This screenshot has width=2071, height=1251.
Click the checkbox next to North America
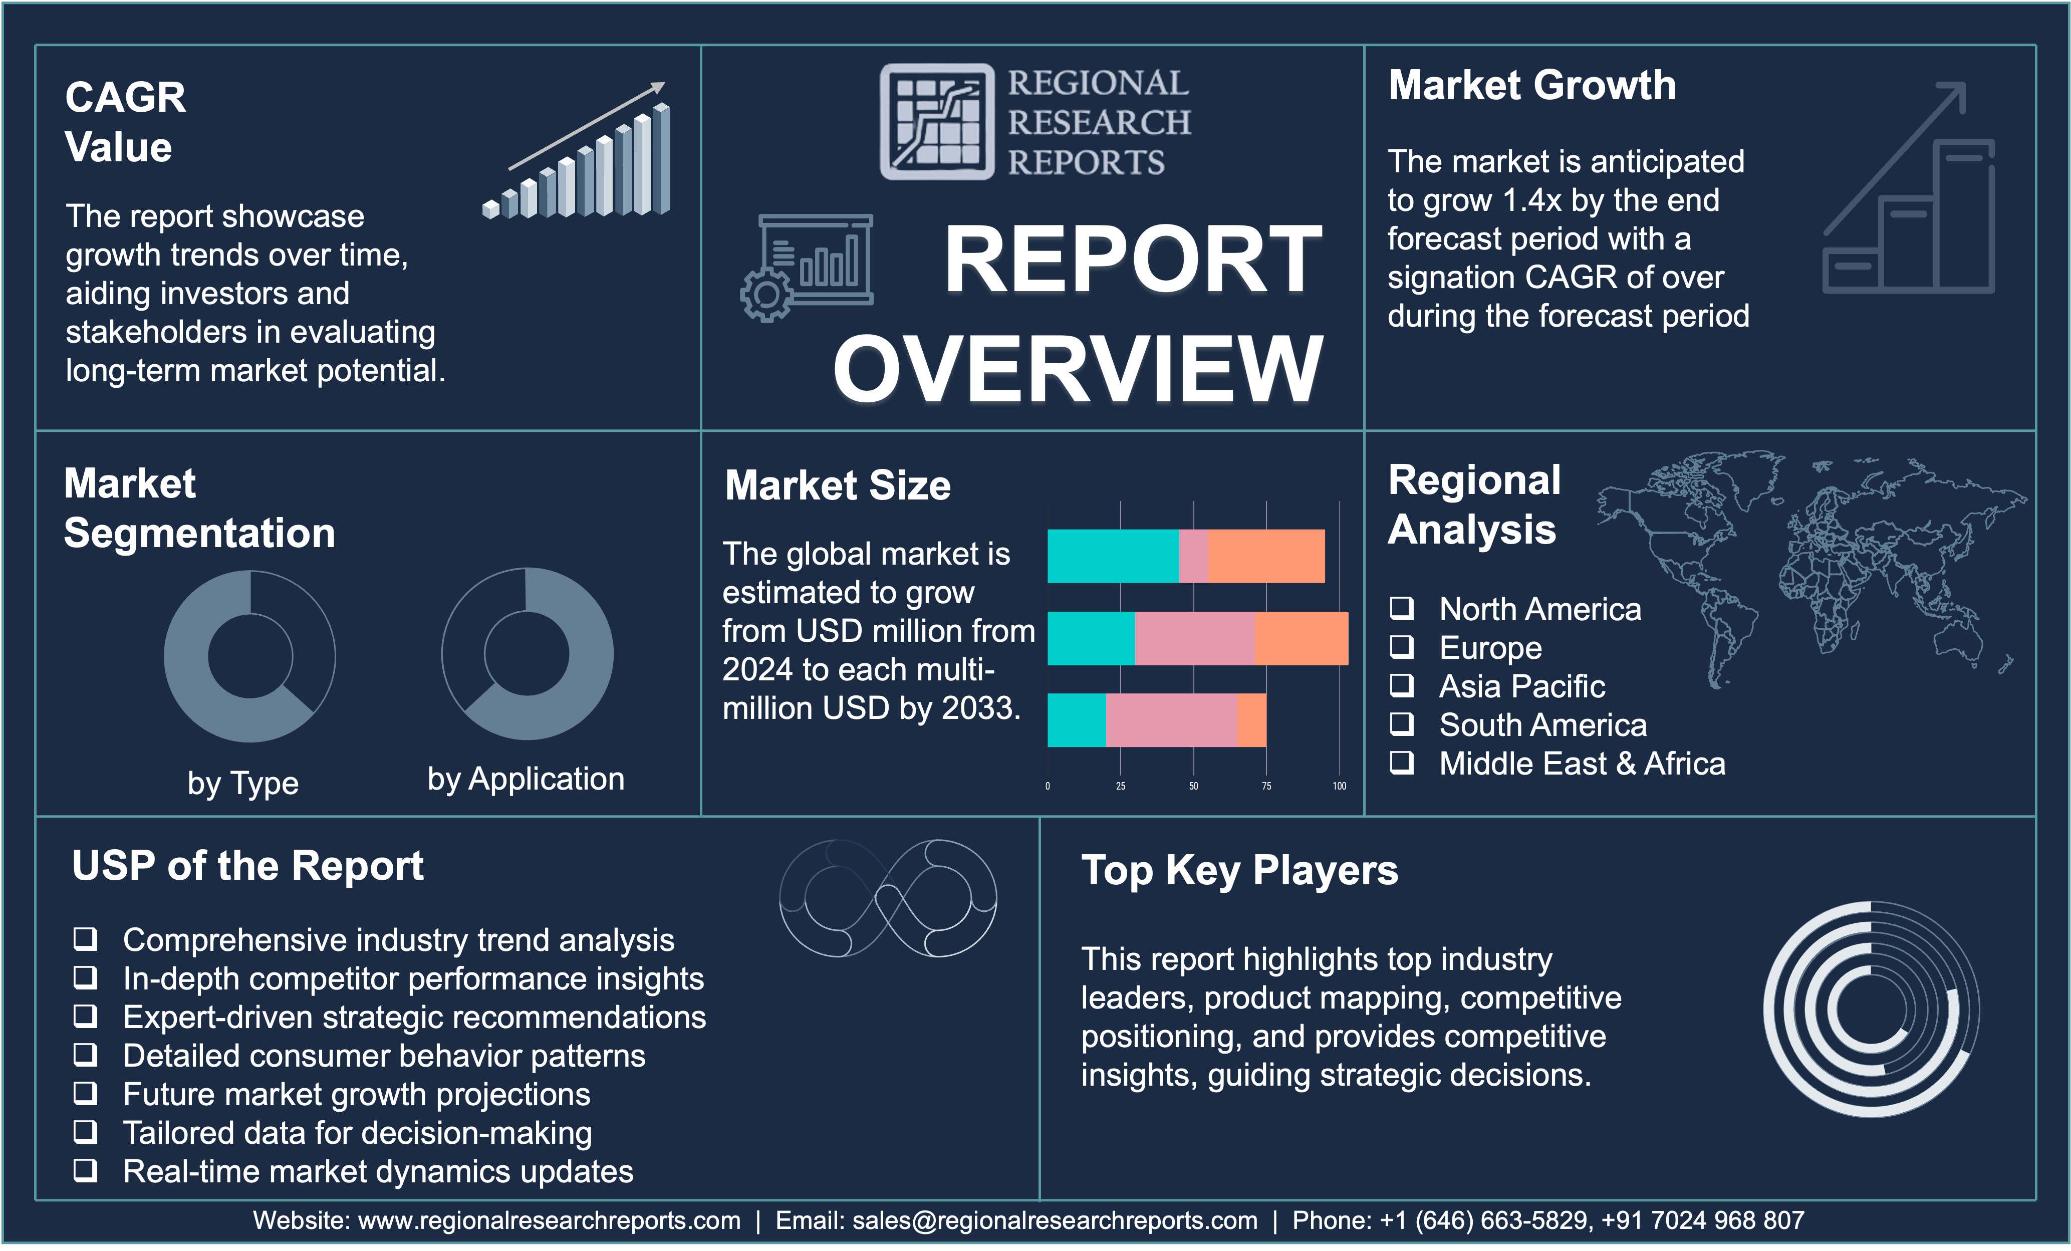tap(1401, 608)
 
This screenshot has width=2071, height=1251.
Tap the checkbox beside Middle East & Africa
tap(1401, 763)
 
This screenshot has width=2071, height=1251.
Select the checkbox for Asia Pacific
tap(1401, 685)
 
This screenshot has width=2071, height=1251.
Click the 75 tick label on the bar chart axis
tap(1266, 786)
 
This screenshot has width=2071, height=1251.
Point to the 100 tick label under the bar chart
tap(1339, 786)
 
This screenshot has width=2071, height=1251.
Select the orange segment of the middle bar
tap(1302, 638)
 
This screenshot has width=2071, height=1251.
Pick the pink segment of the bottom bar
tap(1171, 719)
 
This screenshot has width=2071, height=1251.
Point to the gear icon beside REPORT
tap(765, 295)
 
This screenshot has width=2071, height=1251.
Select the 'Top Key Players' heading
tap(1240, 870)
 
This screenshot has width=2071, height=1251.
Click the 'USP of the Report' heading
tap(248, 865)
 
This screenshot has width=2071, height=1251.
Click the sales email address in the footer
tap(1055, 1220)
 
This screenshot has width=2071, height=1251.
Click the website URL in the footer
tap(550, 1220)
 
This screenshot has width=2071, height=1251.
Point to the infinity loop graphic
tap(888, 898)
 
